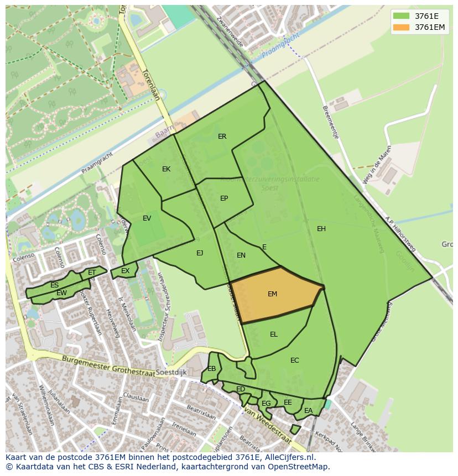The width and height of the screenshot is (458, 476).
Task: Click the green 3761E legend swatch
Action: pyautogui.click(x=402, y=16)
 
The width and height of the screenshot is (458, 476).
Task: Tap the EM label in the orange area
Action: pyautogui.click(x=272, y=294)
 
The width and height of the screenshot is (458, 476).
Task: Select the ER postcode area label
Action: pyautogui.click(x=222, y=137)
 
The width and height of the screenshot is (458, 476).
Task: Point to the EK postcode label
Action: pyautogui.click(x=166, y=169)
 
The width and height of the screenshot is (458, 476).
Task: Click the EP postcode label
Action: pyautogui.click(x=224, y=198)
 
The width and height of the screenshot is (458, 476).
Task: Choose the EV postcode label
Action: pyautogui.click(x=147, y=218)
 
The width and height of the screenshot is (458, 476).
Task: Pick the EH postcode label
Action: pyautogui.click(x=321, y=229)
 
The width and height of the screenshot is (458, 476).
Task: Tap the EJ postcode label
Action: pyautogui.click(x=200, y=253)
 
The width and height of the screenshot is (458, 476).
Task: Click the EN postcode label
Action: pyautogui.click(x=241, y=255)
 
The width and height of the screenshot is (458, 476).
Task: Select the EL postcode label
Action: pyautogui.click(x=274, y=334)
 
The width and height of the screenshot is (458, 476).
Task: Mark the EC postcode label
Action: pyautogui.click(x=295, y=360)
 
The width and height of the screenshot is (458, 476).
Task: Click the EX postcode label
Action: pyautogui.click(x=126, y=271)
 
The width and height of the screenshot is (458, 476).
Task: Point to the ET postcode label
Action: pyautogui.click(x=92, y=273)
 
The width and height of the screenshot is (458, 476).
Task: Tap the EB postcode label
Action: pyautogui.click(x=212, y=369)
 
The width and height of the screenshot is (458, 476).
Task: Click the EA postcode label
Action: pyautogui.click(x=308, y=411)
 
